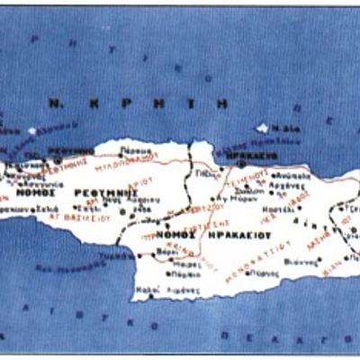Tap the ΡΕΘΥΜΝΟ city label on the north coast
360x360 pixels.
[75, 151]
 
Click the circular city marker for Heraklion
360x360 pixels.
[240, 164]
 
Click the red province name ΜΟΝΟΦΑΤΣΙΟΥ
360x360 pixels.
[255, 253]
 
